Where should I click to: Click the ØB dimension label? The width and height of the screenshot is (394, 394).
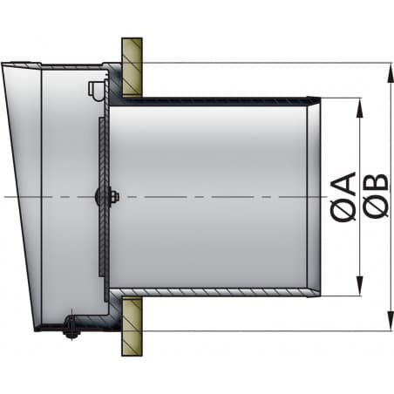377,196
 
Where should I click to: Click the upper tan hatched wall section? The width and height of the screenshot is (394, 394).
132,66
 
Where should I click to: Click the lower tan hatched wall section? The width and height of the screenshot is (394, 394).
132,328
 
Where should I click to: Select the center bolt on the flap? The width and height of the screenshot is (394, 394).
112,197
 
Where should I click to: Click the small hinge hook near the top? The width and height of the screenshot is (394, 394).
94,88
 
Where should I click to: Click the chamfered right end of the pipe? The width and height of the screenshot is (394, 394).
315,196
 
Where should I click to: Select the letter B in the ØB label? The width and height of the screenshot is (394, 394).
377,184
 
